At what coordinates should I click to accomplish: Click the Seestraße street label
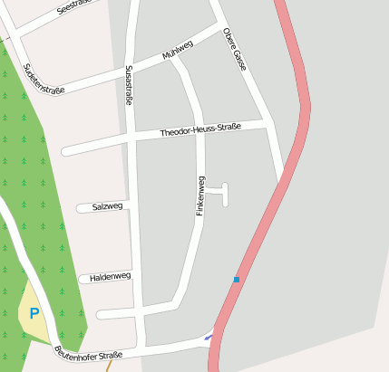(74, 8)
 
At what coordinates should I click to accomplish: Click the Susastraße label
(129, 86)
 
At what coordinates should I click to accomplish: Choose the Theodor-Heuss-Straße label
(200, 131)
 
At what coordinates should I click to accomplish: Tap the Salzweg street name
(107, 206)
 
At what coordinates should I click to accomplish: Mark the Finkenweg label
(200, 196)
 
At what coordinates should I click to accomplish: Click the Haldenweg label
(112, 276)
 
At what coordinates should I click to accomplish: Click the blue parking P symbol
(34, 314)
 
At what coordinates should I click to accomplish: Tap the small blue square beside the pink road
(237, 280)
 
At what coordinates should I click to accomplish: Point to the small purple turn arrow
(209, 338)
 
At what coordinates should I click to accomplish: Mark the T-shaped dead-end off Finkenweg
(224, 193)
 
